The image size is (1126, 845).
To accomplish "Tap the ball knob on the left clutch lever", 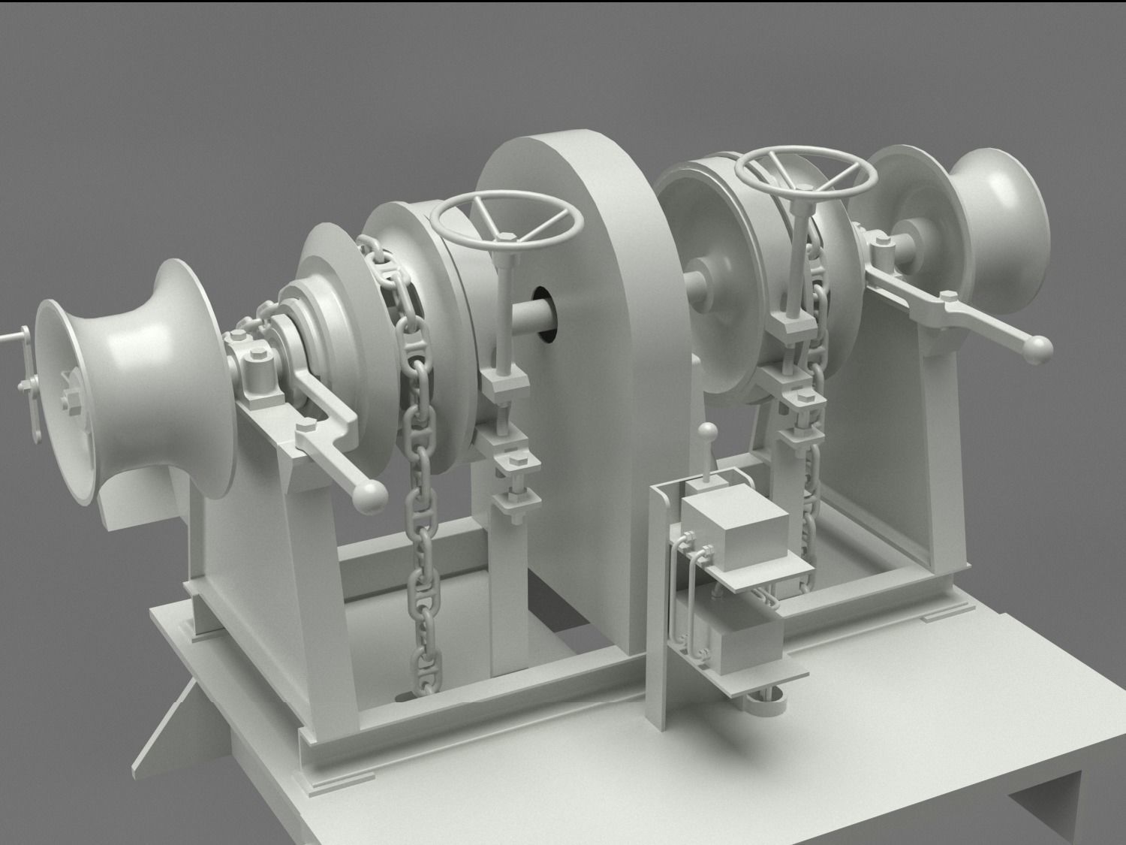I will pyautogui.click(x=371, y=495).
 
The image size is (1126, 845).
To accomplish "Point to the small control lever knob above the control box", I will pyautogui.click(x=706, y=431).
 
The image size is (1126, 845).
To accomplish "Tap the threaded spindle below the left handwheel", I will pyautogui.click(x=504, y=315).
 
